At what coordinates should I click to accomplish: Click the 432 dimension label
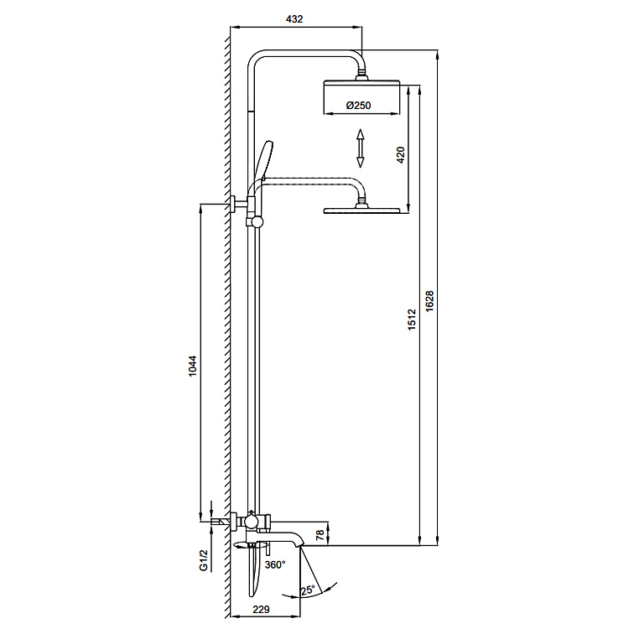pos(294,18)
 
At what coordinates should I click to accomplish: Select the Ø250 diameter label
pos(358,106)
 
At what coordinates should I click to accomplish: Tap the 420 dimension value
pos(400,155)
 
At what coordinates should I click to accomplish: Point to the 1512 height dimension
pos(412,320)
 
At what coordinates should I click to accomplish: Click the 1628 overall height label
pos(429,301)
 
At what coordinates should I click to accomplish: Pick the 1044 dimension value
pos(193,366)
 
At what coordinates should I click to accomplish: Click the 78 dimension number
pos(320,535)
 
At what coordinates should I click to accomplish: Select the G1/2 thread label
pos(204,560)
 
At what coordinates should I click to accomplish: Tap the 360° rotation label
pos(275,564)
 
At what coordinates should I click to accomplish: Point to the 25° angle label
pos(308,590)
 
